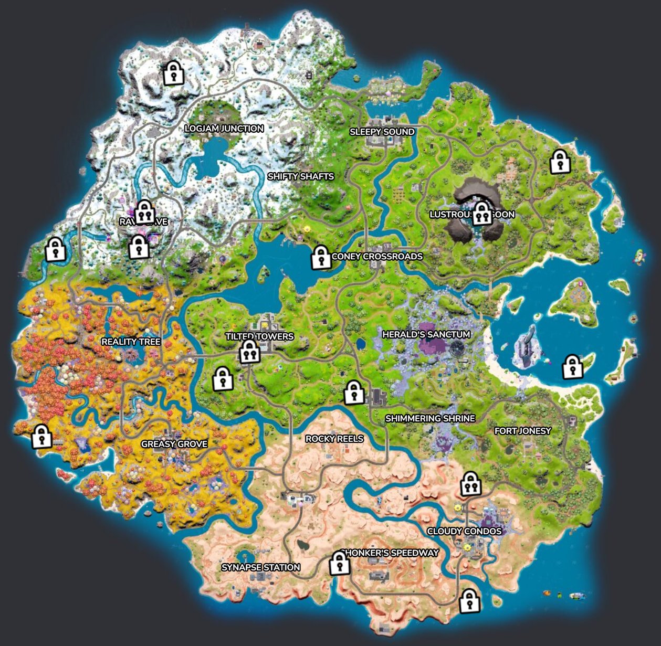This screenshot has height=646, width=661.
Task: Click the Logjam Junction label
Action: [x=224, y=129]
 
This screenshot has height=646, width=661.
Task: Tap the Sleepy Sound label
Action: [x=382, y=132]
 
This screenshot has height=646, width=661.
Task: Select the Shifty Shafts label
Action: [x=301, y=176]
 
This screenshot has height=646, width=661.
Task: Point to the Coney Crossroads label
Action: [x=377, y=257]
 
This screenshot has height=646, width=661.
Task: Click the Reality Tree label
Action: [x=131, y=342]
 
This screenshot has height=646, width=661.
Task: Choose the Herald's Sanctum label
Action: [x=426, y=334]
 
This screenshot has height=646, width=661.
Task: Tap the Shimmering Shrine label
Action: [x=430, y=418]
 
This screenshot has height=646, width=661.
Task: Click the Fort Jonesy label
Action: [x=523, y=431]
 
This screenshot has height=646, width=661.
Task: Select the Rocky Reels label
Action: [x=334, y=439]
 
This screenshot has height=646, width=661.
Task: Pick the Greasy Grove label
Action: [x=174, y=444]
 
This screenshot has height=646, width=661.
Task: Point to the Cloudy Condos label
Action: [x=464, y=531]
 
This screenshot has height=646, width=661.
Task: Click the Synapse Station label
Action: [x=261, y=567]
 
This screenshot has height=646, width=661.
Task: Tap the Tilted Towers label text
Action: [x=259, y=336]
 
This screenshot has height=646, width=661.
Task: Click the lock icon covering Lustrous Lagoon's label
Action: [x=482, y=214]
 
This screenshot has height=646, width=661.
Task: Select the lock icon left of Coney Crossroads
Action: [x=320, y=258]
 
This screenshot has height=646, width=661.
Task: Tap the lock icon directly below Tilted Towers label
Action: [x=250, y=352]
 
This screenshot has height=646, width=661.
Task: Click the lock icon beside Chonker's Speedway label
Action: [x=340, y=564]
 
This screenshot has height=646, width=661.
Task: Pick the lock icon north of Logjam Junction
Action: [x=173, y=73]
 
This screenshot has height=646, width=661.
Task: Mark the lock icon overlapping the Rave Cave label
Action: [x=144, y=212]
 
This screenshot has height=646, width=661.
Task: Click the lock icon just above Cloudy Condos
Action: [x=471, y=484]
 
